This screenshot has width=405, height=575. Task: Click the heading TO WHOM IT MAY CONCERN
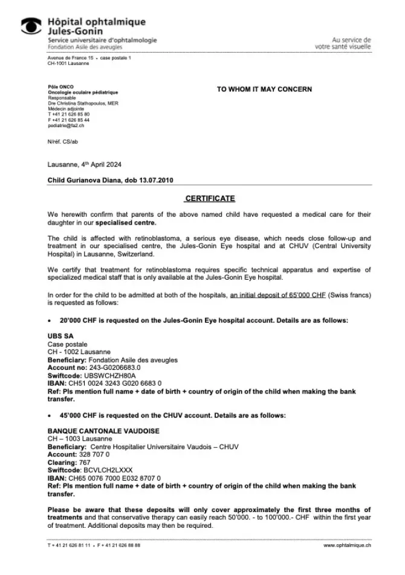(264, 89)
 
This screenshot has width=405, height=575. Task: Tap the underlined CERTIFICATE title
(210, 199)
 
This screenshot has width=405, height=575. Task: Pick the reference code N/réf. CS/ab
(62, 141)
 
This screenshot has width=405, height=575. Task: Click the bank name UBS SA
(60, 336)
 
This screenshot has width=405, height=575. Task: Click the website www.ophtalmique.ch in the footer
(347, 545)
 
